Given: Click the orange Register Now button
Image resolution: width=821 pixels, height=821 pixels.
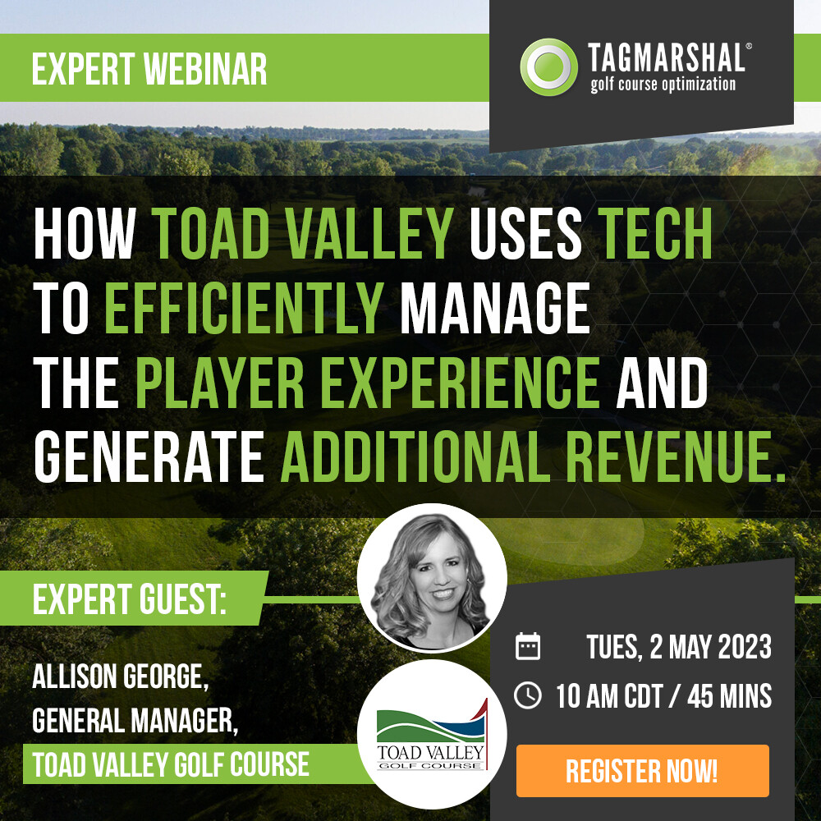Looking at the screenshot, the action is [643, 771].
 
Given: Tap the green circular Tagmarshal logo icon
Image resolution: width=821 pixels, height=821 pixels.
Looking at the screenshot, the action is [548, 67].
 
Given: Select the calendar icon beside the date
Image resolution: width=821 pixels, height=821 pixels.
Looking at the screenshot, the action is [528, 646].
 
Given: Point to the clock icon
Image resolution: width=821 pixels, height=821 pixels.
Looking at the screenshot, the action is [528, 696].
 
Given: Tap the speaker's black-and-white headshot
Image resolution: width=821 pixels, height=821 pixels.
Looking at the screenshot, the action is [432, 578].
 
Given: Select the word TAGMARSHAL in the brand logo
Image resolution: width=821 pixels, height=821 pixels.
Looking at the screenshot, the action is [666, 57].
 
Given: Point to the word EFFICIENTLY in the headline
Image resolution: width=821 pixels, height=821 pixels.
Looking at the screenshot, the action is [245, 308].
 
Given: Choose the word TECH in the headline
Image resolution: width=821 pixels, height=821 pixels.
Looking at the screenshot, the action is [655, 233].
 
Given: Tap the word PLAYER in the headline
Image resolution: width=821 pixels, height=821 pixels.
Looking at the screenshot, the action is [220, 383].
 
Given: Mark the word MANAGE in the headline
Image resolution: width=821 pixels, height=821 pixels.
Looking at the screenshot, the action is [495, 308].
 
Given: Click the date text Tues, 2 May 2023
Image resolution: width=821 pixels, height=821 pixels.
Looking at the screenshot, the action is [679, 647].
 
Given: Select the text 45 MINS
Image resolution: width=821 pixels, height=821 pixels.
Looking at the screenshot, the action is [729, 696].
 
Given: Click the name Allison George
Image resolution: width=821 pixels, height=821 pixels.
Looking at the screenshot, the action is [121, 677].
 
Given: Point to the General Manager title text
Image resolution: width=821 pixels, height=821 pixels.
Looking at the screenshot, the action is [135, 721].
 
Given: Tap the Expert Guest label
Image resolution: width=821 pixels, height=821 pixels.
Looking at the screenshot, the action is [130, 599].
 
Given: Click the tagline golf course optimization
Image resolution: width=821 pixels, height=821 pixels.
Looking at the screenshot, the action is [663, 85].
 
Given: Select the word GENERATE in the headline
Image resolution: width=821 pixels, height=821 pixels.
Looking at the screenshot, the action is [149, 456].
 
